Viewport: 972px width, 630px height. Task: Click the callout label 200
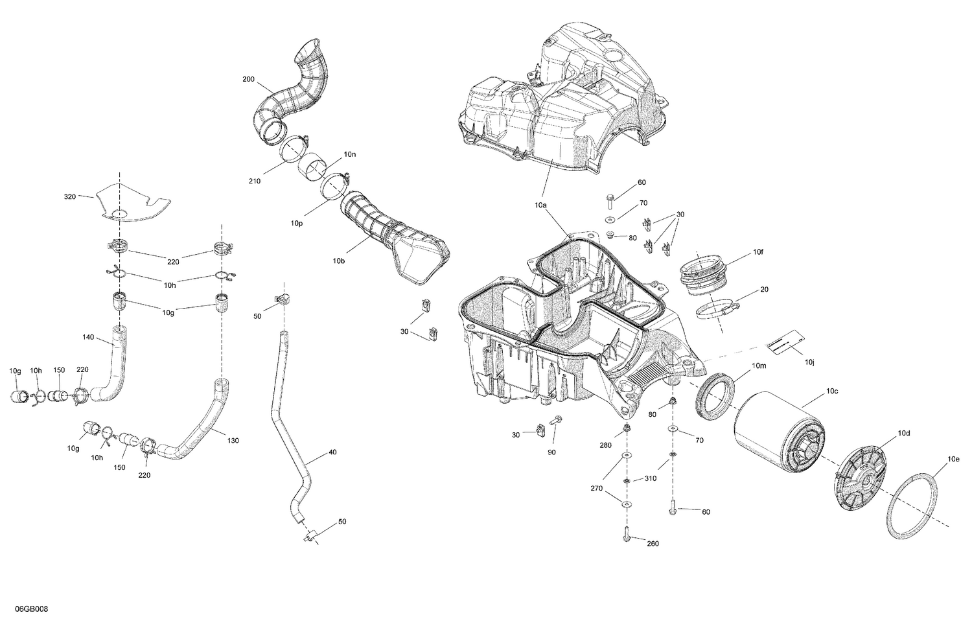click(x=248, y=79)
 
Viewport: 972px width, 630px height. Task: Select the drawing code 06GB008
click(x=30, y=610)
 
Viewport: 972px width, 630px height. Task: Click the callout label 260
click(x=653, y=543)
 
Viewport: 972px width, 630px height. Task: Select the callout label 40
click(x=332, y=452)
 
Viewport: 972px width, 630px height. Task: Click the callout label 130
click(x=233, y=441)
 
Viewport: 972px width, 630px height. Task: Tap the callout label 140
click(x=89, y=336)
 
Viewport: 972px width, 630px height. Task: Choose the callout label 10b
click(x=339, y=261)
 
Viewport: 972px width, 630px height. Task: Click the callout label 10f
click(x=758, y=251)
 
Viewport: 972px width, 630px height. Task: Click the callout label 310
click(x=651, y=478)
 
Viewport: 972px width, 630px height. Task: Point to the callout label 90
click(x=551, y=452)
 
